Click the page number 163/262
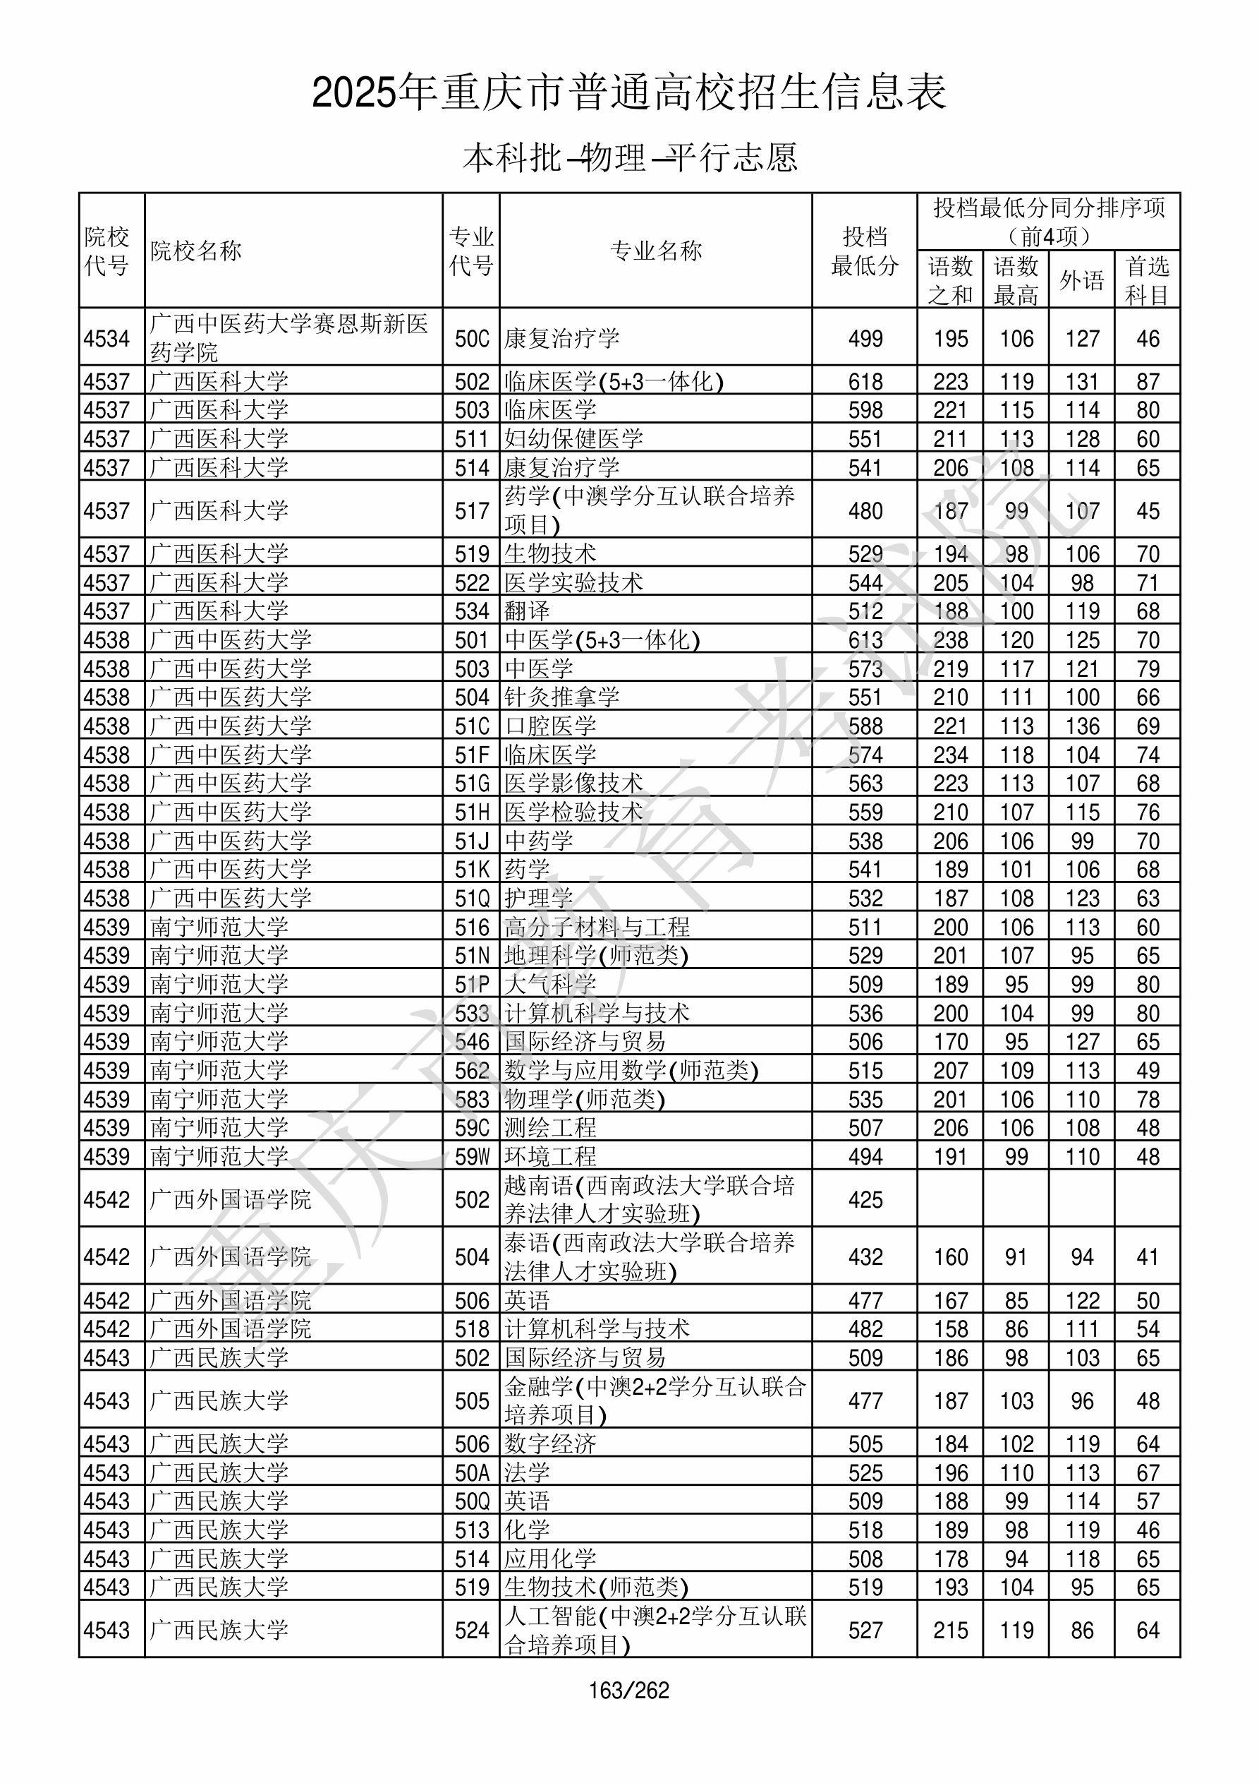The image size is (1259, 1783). (628, 1690)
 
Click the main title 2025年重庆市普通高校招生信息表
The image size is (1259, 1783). (628, 92)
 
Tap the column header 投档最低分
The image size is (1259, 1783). (864, 251)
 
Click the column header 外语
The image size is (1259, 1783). (1081, 280)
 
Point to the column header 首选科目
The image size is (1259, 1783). (1148, 280)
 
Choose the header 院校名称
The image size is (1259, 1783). (196, 251)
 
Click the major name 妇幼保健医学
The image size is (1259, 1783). (573, 439)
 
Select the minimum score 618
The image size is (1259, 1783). (865, 381)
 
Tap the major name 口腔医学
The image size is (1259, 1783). (550, 726)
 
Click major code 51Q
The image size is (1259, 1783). (472, 899)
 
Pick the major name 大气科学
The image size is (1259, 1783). (550, 985)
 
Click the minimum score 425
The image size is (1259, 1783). (865, 1200)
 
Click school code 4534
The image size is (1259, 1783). (107, 339)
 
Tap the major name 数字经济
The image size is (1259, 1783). (550, 1443)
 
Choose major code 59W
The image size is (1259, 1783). (472, 1157)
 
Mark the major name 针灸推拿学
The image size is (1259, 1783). (562, 697)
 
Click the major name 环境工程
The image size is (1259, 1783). (550, 1157)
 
